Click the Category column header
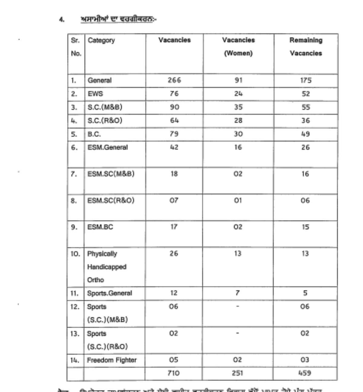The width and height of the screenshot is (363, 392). coord(101,40)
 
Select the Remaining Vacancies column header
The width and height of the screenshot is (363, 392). coord(306,47)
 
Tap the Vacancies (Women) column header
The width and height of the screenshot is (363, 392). coord(238,47)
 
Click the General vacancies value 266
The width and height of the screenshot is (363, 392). coord(174,80)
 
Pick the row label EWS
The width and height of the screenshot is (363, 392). coord(95,94)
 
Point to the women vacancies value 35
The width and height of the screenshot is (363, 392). coord(238,107)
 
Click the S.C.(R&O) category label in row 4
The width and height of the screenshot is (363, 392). coord(105,121)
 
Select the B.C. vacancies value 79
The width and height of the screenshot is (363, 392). coord(174,134)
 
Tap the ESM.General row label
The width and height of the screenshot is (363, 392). coord(107,148)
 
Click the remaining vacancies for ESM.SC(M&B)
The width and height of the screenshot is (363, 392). coord(305,174)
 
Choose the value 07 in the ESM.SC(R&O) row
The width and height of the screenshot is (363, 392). coord(174,201)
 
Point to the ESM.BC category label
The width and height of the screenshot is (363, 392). coord(100,227)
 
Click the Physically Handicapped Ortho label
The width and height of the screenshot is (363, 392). coord(106,267)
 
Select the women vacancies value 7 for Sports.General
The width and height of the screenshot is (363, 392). coord(238,293)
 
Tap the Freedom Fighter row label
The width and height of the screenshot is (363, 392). coord(112,360)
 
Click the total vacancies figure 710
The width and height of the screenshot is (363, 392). coord(174,373)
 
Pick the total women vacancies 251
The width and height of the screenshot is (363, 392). coord(238,373)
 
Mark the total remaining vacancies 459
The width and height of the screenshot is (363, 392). coord(305,373)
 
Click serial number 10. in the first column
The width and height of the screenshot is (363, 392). coord(75,254)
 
